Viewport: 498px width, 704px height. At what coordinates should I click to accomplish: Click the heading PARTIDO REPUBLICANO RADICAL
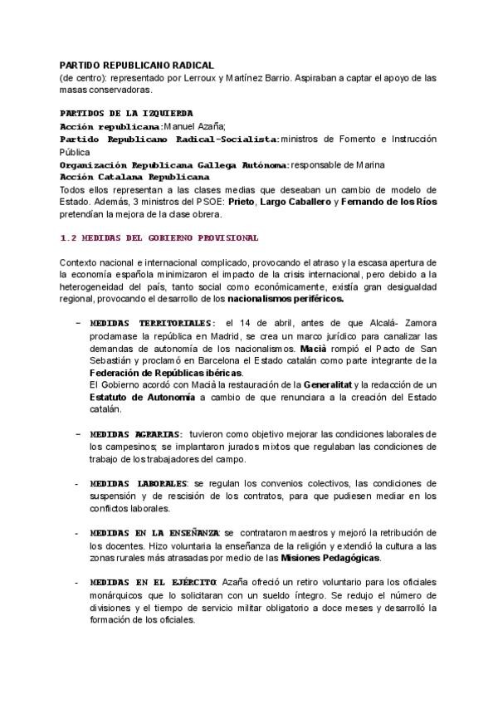(137, 65)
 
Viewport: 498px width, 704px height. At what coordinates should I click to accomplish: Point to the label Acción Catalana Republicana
(135, 178)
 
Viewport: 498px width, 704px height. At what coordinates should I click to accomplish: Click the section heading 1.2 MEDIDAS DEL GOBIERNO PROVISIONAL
(159, 238)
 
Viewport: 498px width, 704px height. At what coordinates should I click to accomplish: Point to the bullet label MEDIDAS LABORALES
(139, 483)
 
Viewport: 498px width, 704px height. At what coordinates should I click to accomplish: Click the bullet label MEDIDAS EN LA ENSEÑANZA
(154, 532)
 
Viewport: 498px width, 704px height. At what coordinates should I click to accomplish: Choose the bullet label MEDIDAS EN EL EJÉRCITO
(152, 582)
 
